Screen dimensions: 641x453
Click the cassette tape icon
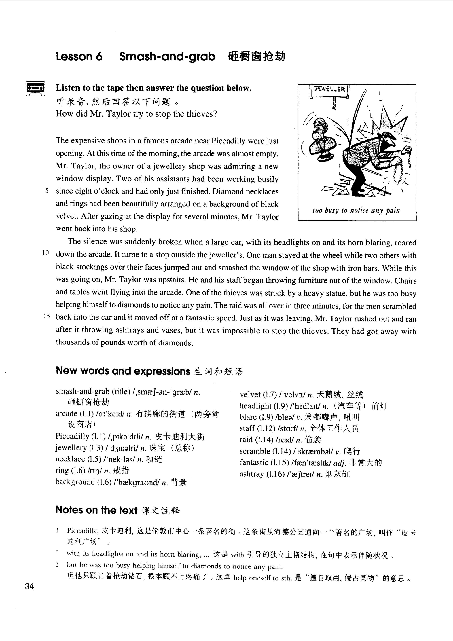pos(35,88)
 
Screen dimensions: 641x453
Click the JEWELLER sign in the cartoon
pos(330,89)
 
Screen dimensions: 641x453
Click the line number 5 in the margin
pos(47,191)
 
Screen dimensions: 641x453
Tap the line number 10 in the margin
pos(46,253)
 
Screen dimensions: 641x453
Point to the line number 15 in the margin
pos(46,316)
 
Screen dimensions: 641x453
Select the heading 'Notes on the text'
pos(96,510)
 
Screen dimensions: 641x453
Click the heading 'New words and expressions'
pos(123,371)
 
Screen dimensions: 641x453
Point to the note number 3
pos(57,564)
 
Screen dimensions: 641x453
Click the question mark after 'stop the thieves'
pos(215,114)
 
